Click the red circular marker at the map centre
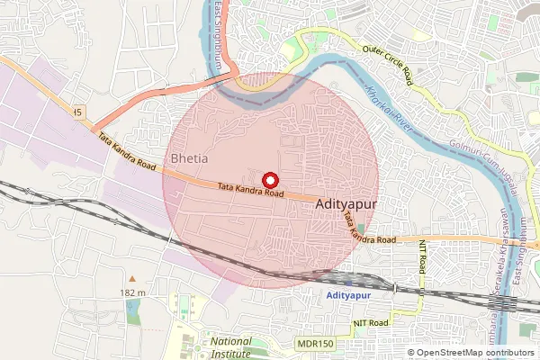click(x=270, y=180)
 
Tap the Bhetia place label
click(x=188, y=158)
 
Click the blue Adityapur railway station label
click(x=347, y=295)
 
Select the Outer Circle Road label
click(x=388, y=65)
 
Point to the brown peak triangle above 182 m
click(x=131, y=278)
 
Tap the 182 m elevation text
click(x=131, y=293)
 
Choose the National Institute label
click(x=231, y=347)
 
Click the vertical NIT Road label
click(x=422, y=262)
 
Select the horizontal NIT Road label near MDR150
click(x=370, y=322)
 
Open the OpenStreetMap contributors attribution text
click(x=476, y=353)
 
